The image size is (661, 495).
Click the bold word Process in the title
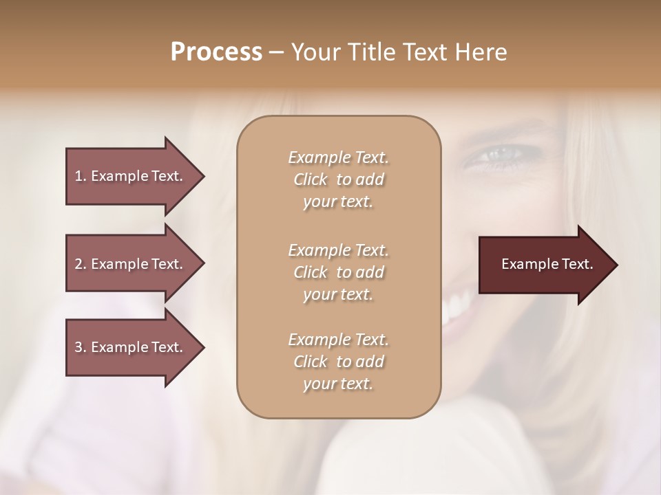pos(216,52)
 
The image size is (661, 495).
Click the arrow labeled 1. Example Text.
pos(131,176)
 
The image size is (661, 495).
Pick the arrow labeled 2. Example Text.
pos(131,264)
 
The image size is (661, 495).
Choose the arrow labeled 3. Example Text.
pos(131,347)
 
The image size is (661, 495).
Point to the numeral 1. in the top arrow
pos(80,176)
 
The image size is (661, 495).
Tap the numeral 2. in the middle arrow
pos(80,264)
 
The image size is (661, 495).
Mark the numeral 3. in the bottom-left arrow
pos(80,347)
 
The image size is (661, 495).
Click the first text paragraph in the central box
pos(338,179)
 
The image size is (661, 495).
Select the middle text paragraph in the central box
pos(338,272)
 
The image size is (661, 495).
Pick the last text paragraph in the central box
pos(338,362)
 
